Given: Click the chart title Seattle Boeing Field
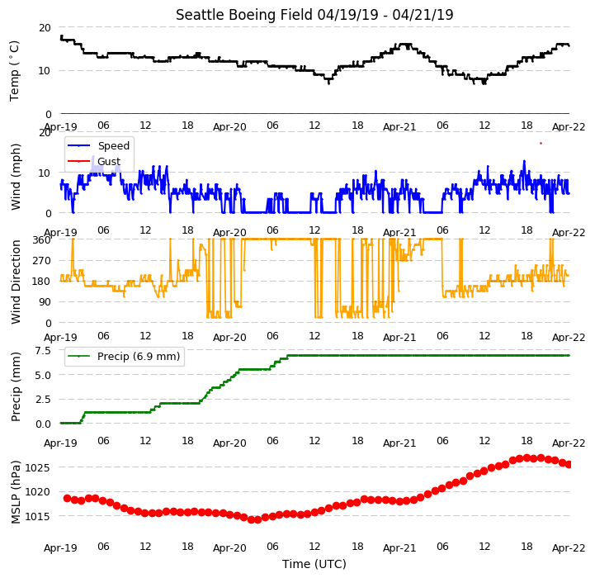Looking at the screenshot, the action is pyautogui.click(x=245, y=15).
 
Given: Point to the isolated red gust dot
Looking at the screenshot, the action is pyautogui.click(x=541, y=143).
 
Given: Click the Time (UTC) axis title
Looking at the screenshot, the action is pyautogui.click(x=314, y=564).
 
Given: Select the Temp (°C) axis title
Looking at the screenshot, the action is pyautogui.click(x=14, y=71).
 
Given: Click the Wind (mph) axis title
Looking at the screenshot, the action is pyautogui.click(x=15, y=177).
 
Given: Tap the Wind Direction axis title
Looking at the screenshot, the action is pyautogui.click(x=15, y=282).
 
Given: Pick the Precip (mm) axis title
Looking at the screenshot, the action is pyautogui.click(x=15, y=386).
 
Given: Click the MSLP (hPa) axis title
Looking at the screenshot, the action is pyautogui.click(x=15, y=492).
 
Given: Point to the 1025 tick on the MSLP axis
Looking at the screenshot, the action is pyautogui.click(x=37, y=467).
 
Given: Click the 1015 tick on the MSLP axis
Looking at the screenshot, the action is pyautogui.click(x=37, y=516).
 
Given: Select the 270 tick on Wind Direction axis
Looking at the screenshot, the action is pyautogui.click(x=42, y=261).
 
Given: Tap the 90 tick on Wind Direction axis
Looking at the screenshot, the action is pyautogui.click(x=45, y=302).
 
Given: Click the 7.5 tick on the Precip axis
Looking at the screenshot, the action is pyautogui.click(x=43, y=351).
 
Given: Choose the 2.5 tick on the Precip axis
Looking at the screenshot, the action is pyautogui.click(x=43, y=399).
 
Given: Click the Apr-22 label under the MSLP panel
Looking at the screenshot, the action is pyautogui.click(x=569, y=548).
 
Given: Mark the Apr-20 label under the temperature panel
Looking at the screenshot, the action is pyautogui.click(x=229, y=127).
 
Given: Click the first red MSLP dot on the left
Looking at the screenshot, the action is pyautogui.click(x=67, y=498).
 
